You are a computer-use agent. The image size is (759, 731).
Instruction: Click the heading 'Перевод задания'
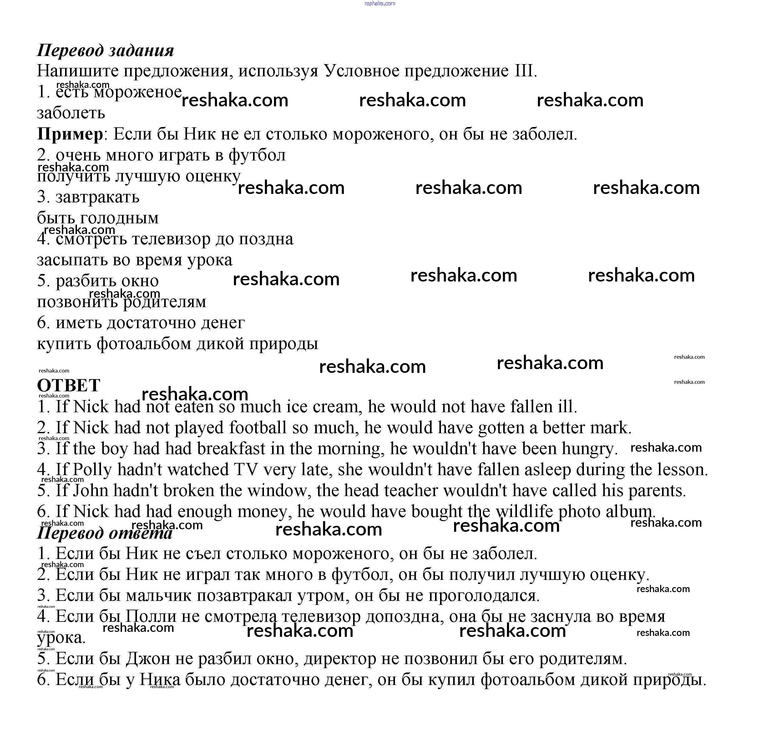(105, 51)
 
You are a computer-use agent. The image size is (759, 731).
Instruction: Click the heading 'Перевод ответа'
(104, 533)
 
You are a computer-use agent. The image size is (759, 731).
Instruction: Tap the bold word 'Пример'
(70, 135)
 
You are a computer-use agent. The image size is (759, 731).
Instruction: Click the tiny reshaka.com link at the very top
(380, 3)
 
